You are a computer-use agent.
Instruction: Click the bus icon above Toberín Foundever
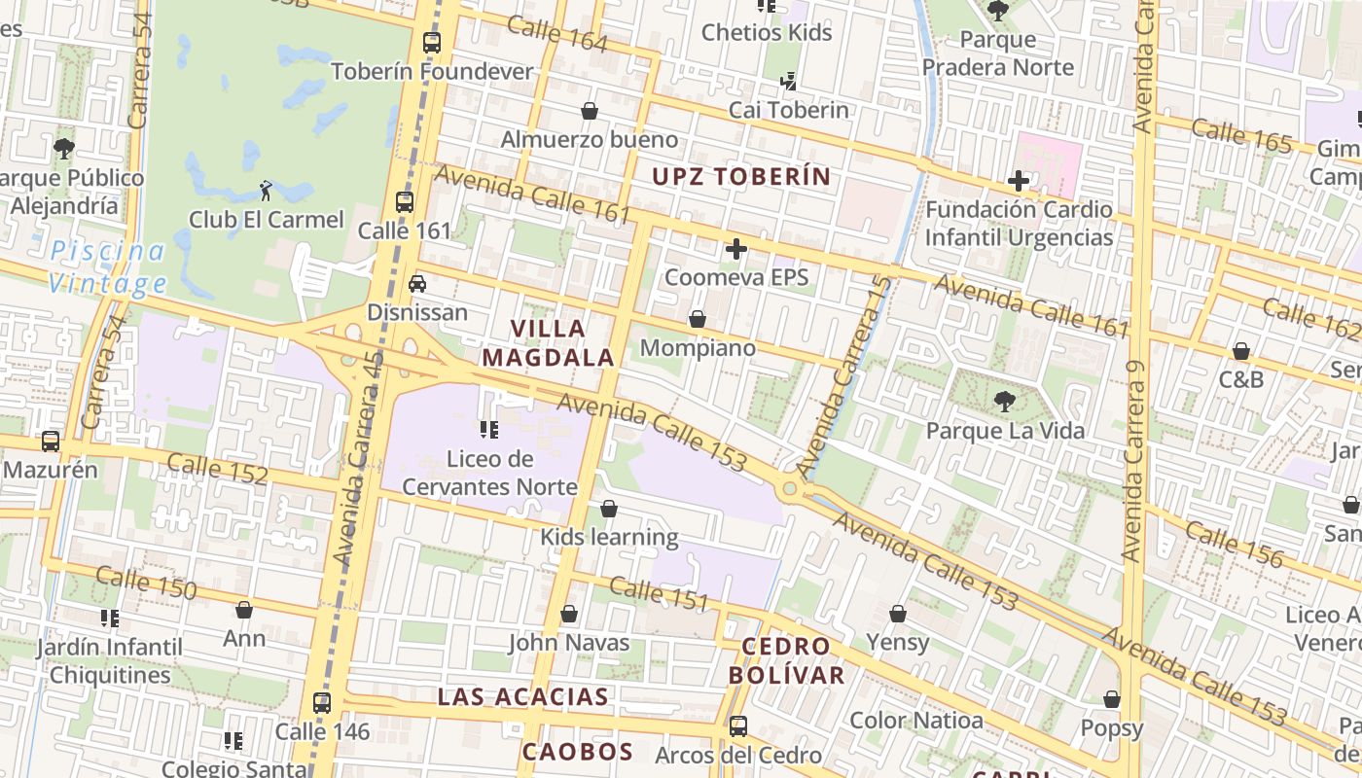click(x=432, y=43)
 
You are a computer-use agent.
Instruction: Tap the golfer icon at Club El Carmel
click(x=266, y=191)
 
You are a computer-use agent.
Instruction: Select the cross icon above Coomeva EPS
click(x=736, y=249)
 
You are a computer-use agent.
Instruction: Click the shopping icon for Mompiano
click(x=697, y=319)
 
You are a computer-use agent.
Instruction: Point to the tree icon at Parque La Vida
click(x=1004, y=401)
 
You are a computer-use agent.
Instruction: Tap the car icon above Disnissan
click(x=417, y=283)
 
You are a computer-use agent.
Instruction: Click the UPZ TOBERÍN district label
click(x=741, y=176)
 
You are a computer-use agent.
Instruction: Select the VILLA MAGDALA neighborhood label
click(x=549, y=343)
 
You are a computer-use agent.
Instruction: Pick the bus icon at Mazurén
click(x=51, y=442)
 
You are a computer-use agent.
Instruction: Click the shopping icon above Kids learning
click(x=609, y=509)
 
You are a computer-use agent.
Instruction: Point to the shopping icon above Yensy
click(x=898, y=614)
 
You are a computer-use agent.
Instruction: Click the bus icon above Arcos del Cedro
click(x=738, y=725)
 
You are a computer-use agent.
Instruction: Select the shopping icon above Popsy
click(x=1112, y=699)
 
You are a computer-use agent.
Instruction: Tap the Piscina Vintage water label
click(x=108, y=267)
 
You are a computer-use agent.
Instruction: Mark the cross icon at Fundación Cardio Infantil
click(x=1019, y=181)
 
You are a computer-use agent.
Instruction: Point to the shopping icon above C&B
click(x=1241, y=351)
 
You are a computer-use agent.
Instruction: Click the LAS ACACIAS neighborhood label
click(x=523, y=696)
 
